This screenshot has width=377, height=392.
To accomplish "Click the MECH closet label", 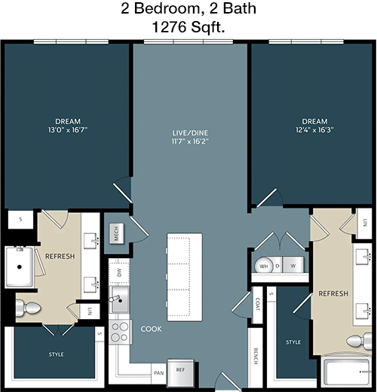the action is (x=116, y=233).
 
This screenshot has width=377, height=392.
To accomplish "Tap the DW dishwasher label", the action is (x=119, y=272).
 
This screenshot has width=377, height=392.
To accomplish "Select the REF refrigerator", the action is (x=180, y=372).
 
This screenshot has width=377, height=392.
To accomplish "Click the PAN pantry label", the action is (x=159, y=373).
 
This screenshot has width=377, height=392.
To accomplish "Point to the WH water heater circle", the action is (x=264, y=266).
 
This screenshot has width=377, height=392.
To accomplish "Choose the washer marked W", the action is (x=293, y=265).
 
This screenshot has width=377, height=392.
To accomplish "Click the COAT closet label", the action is (x=257, y=304).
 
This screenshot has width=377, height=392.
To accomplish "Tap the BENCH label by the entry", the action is (x=256, y=356).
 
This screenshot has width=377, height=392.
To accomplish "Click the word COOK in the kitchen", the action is (x=151, y=329).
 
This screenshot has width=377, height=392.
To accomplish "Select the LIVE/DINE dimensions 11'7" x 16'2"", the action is (x=190, y=141).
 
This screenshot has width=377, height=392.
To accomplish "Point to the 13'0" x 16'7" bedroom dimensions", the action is (x=68, y=129).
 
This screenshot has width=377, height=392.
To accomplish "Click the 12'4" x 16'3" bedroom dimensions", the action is (x=314, y=129).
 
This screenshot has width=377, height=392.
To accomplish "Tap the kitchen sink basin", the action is (x=120, y=299).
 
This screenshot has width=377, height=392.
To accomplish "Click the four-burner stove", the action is (x=120, y=332).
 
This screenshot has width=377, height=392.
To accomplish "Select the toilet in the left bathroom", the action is (x=28, y=308).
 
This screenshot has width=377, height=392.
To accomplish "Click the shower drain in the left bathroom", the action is (x=20, y=267).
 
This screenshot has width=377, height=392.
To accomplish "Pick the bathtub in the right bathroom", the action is (x=346, y=372).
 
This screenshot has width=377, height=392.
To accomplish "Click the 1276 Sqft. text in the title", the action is (x=188, y=27).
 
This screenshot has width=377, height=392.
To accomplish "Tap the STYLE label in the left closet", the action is (x=56, y=354).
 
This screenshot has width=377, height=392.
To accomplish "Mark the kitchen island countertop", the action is (x=185, y=277).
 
